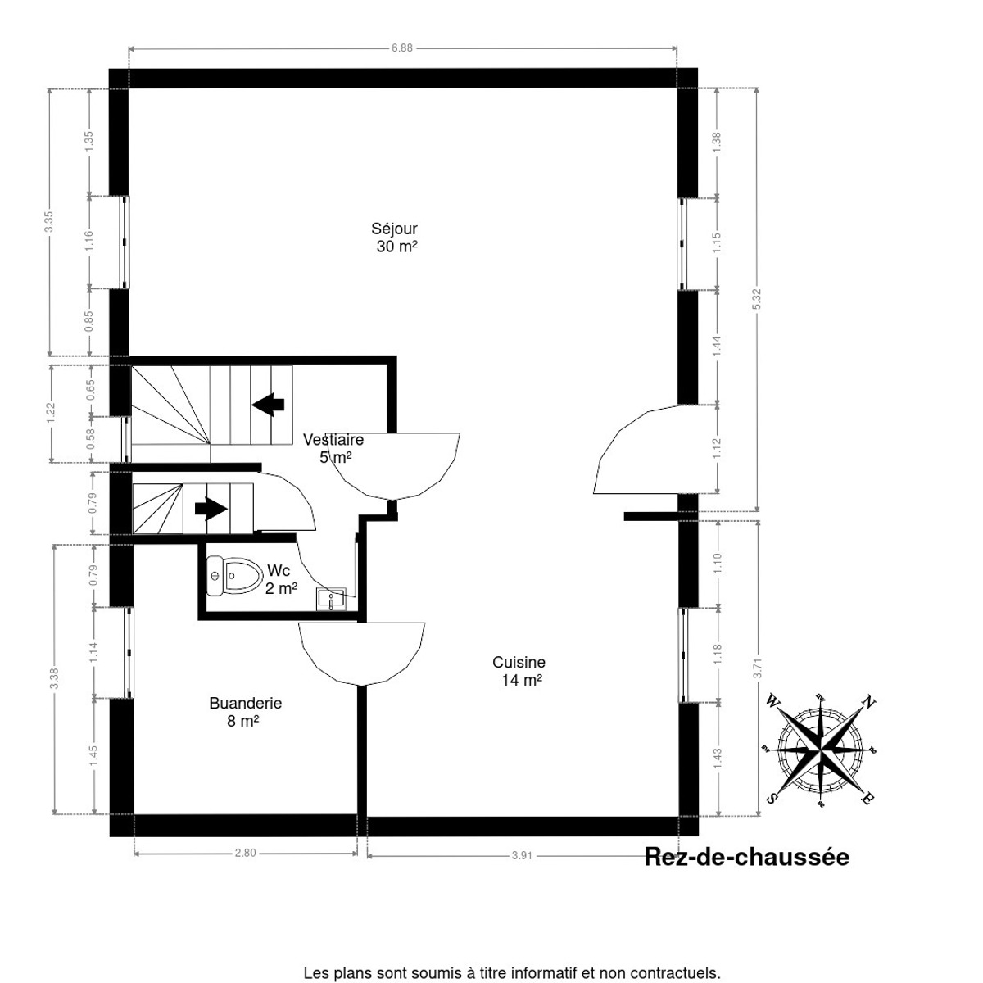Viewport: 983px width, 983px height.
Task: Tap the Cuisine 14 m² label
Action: point(519,671)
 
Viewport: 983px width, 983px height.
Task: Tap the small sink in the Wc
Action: point(331,599)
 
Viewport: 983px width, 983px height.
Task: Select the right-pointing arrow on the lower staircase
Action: point(211,509)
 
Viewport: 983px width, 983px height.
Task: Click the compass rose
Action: point(820,749)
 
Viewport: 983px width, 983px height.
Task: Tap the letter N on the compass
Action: point(870,702)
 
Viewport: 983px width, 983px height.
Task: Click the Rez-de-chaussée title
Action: point(746,858)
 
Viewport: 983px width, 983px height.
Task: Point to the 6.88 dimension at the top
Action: point(401,48)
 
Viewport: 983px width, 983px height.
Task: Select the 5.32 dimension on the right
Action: point(757,300)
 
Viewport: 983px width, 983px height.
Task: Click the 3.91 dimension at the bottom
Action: point(522,855)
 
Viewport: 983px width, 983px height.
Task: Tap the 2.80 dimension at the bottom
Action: point(245,853)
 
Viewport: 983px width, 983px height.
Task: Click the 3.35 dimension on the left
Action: point(49,222)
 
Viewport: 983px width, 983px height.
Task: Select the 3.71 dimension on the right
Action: point(758,668)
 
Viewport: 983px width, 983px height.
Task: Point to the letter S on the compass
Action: point(771,798)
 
